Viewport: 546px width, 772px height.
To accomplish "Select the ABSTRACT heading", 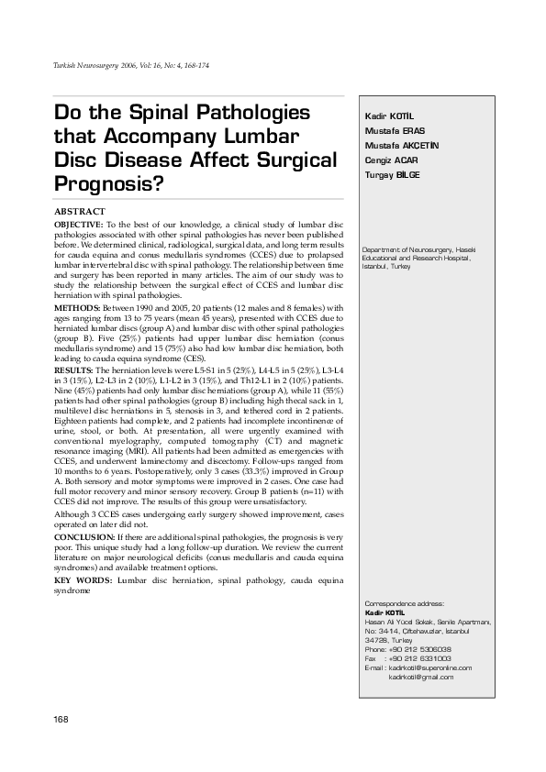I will click(80, 212).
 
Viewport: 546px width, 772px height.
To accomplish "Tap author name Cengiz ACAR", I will click(390, 160).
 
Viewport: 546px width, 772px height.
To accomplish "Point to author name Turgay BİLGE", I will click(392, 175).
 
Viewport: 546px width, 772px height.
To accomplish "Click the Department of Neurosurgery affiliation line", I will click(418, 250).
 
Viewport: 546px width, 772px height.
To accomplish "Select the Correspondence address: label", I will click(404, 605).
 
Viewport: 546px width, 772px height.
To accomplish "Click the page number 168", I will click(62, 719).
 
